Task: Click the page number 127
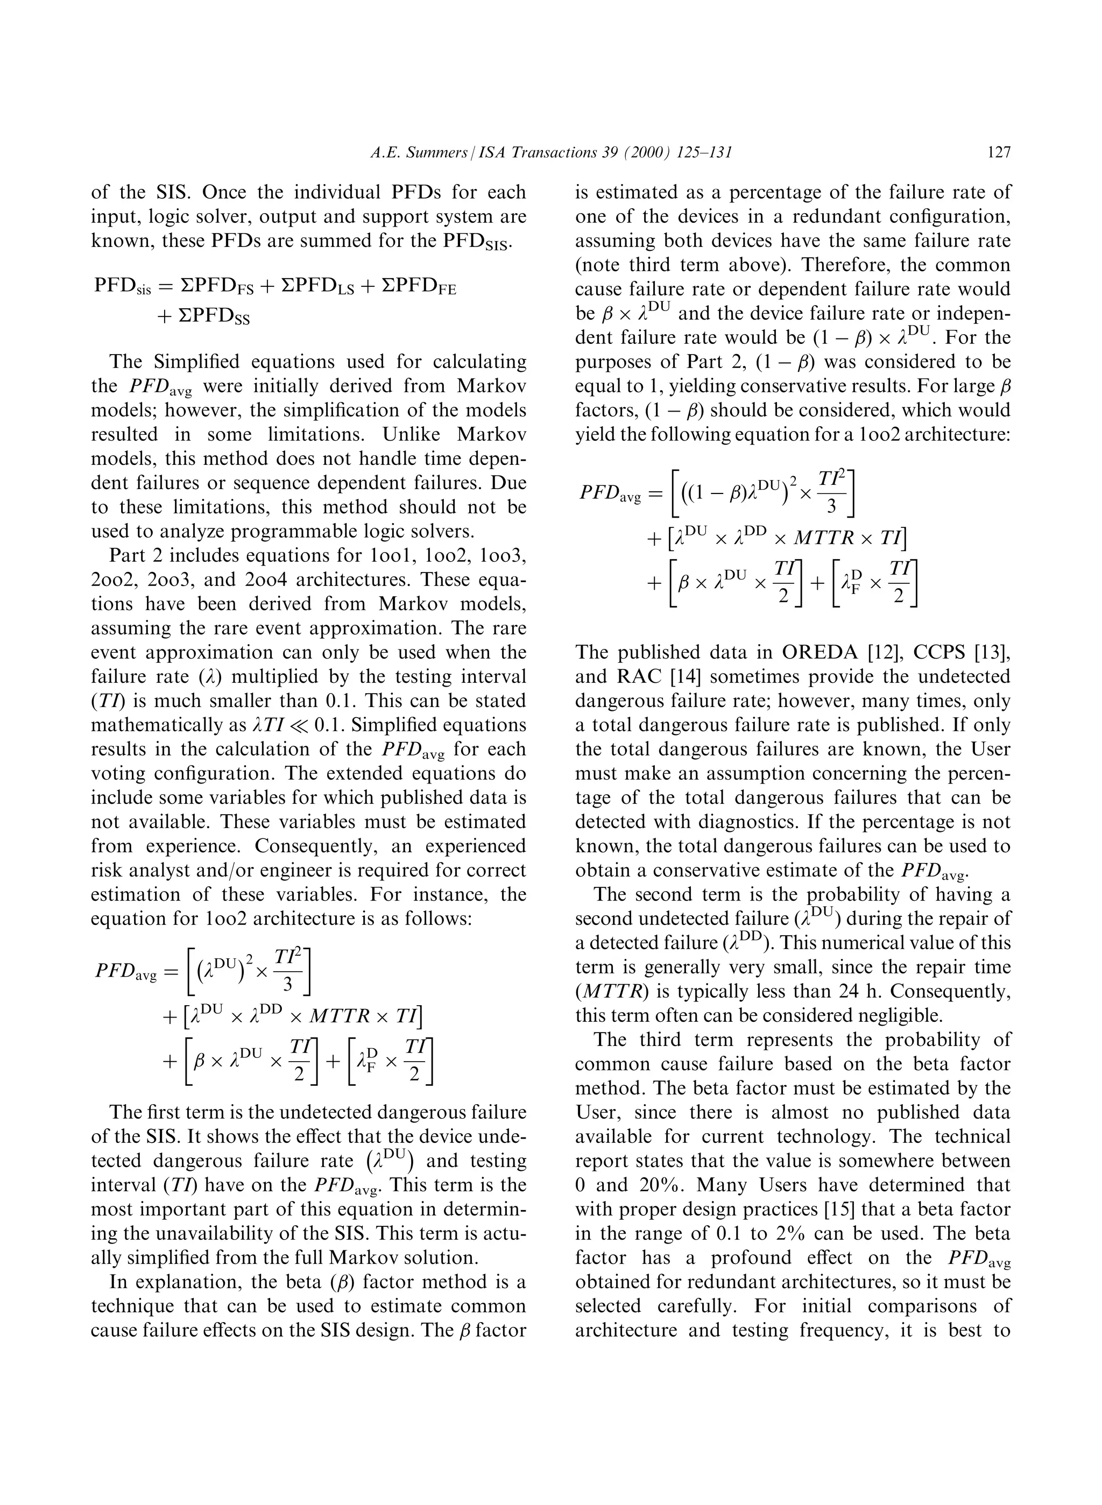999,153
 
